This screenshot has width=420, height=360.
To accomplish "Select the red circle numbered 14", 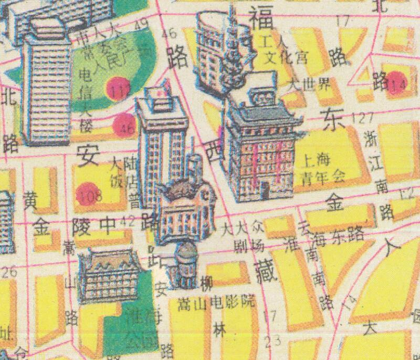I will point(397,83).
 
